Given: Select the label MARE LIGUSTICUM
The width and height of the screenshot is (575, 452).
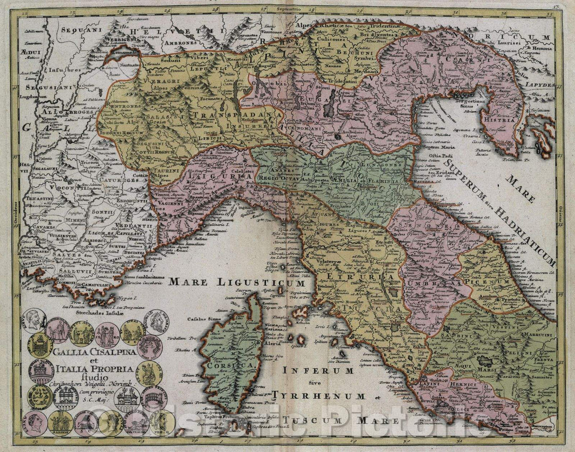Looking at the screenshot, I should pos(236,283).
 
